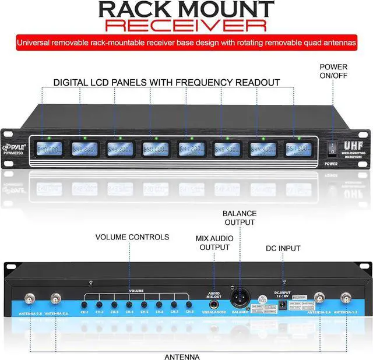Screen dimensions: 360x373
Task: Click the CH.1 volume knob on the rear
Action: [85, 305]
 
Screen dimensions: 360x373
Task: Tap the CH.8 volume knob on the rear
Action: [189, 304]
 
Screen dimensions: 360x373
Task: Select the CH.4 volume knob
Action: [129, 304]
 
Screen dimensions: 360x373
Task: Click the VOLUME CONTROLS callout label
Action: [132, 237]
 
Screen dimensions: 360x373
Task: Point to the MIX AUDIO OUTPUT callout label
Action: [214, 242]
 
